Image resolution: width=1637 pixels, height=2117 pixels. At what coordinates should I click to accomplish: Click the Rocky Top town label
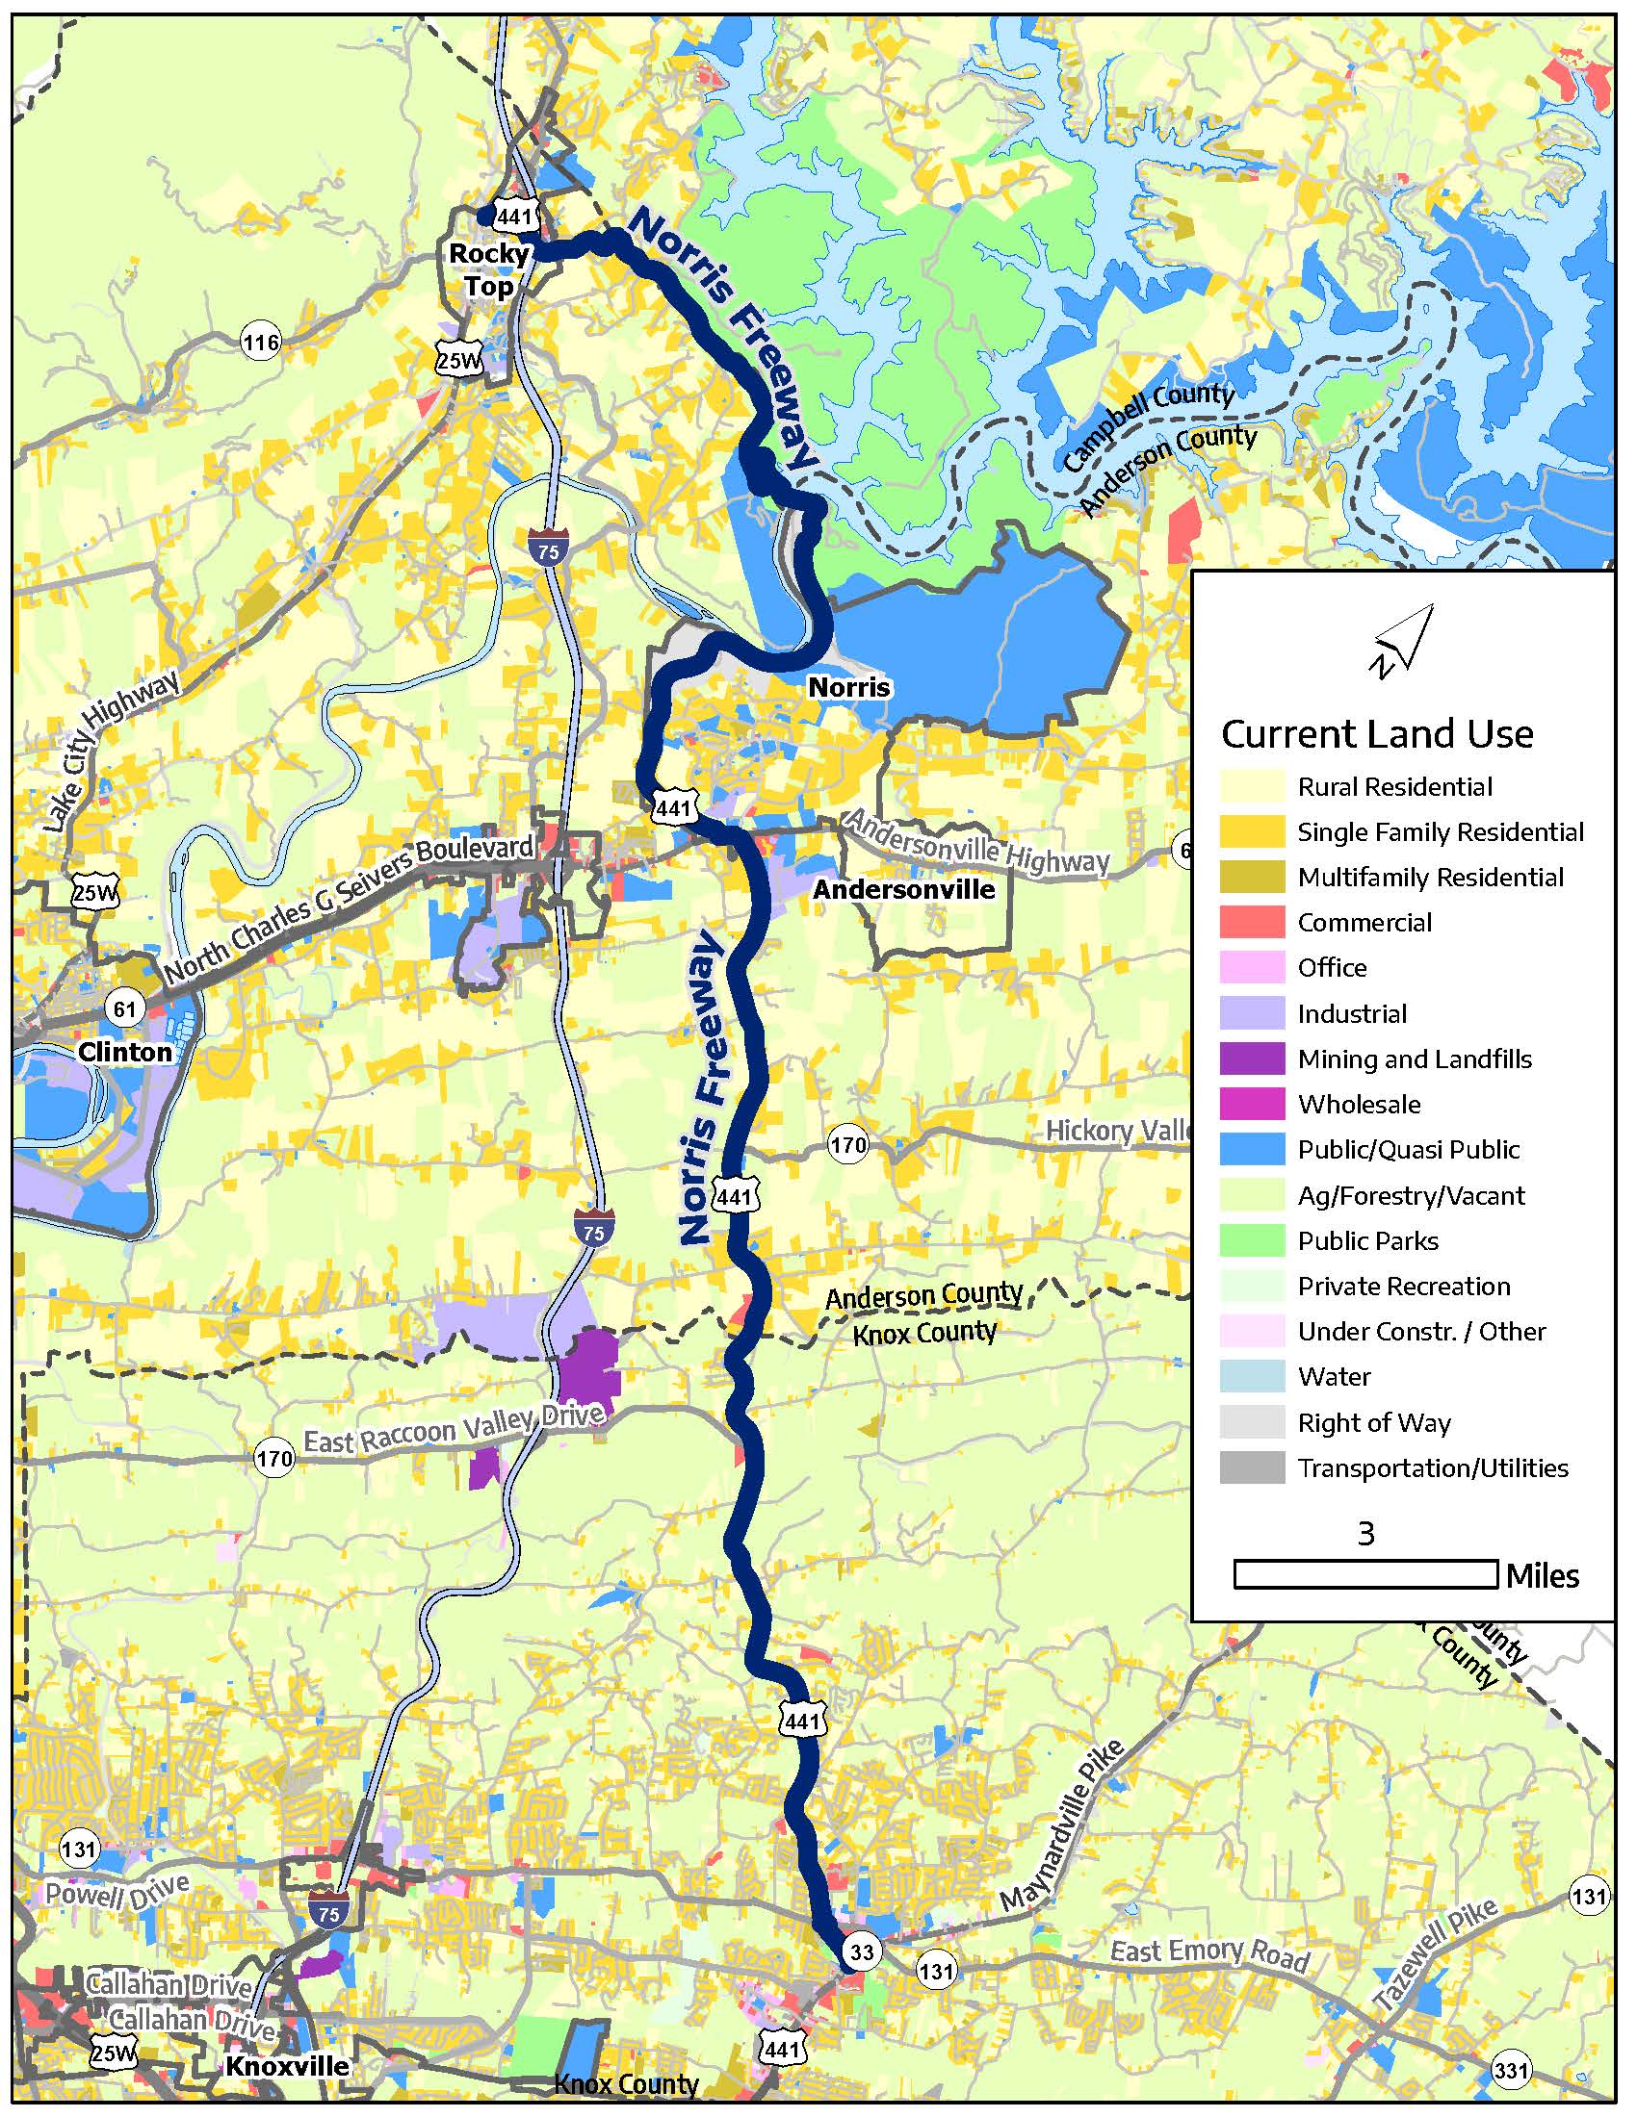point(489,269)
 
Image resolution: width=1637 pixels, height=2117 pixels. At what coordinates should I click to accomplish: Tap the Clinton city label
point(125,1051)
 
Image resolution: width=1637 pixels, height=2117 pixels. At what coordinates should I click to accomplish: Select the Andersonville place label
point(904,889)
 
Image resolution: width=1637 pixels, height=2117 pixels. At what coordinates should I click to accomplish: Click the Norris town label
point(848,687)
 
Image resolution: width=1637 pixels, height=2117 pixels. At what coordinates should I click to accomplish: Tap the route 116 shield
point(261,343)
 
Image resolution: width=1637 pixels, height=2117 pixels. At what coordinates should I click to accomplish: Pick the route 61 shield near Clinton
point(125,1009)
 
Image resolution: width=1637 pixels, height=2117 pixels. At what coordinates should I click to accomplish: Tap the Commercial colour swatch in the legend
point(1252,922)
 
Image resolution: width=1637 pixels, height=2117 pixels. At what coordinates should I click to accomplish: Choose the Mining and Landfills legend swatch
point(1252,1058)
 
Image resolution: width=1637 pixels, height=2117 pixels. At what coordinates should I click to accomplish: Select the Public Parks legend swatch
point(1252,1240)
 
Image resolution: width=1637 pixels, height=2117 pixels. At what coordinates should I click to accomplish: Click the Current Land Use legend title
point(1376,734)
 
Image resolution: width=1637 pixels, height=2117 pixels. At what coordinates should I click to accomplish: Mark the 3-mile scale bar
point(1364,1574)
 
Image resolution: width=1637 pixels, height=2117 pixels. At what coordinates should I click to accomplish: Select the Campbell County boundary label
point(1148,426)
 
